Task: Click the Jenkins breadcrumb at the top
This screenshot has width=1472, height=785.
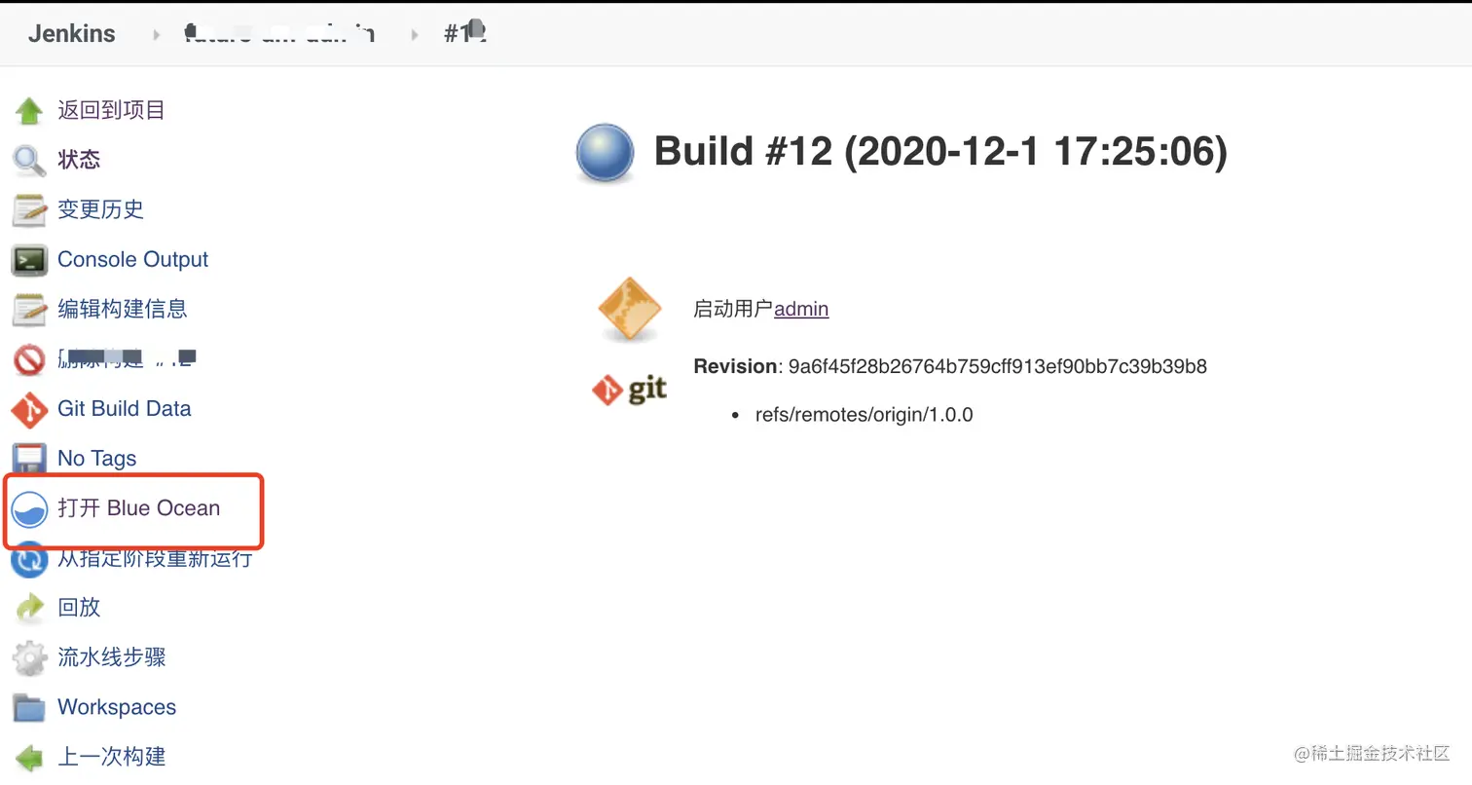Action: click(x=71, y=33)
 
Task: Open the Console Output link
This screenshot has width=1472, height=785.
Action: click(x=132, y=259)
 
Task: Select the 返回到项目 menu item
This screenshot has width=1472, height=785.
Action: click(x=111, y=110)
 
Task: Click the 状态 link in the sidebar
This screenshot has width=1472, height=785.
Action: click(x=79, y=160)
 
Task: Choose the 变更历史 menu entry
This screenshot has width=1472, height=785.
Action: click(x=100, y=209)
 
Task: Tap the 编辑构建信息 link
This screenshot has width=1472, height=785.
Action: click(x=122, y=309)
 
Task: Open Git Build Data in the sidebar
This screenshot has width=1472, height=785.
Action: click(x=124, y=408)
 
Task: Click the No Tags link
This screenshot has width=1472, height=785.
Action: click(x=96, y=458)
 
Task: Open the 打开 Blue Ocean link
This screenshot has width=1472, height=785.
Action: click(x=138, y=508)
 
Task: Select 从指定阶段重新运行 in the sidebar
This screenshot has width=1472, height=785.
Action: click(x=155, y=558)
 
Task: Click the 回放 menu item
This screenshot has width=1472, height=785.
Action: click(x=79, y=607)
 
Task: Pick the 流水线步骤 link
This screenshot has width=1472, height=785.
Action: click(x=111, y=657)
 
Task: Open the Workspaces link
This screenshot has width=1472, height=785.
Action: click(x=117, y=707)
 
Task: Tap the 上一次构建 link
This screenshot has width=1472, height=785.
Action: click(x=111, y=756)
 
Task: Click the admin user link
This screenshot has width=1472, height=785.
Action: click(x=801, y=309)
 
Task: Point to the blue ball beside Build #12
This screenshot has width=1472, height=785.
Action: click(x=606, y=154)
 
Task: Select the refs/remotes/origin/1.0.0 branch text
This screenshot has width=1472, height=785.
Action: click(x=864, y=415)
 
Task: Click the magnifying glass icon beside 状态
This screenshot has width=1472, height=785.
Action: click(x=29, y=161)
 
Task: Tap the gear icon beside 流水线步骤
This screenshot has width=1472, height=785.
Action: click(x=29, y=658)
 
